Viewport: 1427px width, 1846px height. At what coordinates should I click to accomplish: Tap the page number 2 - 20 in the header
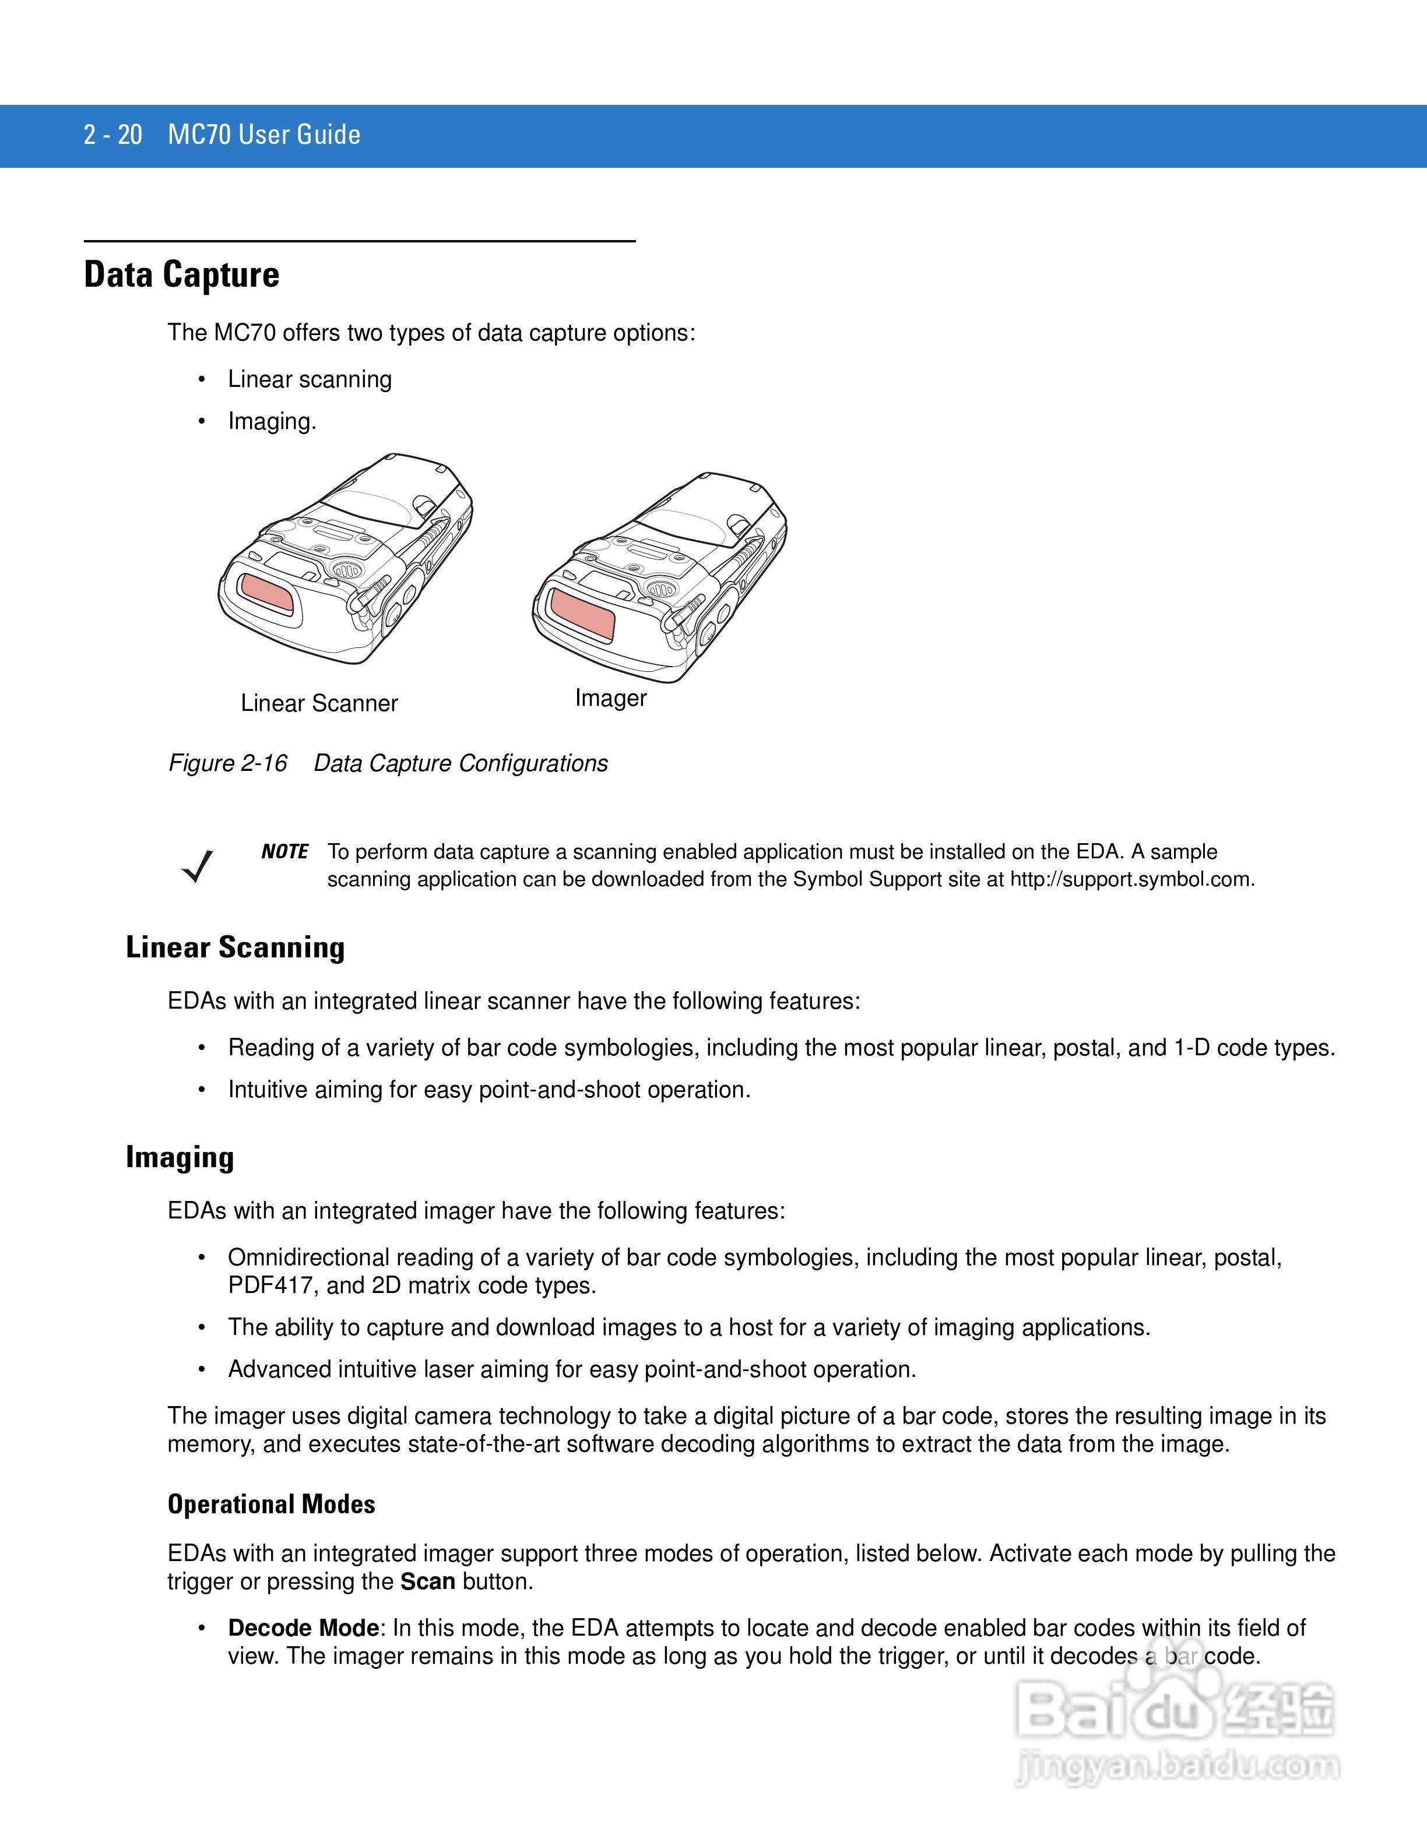[113, 135]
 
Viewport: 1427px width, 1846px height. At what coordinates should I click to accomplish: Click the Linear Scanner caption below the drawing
[319, 703]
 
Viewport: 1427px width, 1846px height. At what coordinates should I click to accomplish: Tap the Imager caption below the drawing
[610, 698]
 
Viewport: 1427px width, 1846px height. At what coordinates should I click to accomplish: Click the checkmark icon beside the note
[197, 865]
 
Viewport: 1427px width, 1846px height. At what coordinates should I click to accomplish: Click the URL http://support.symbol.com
[1131, 879]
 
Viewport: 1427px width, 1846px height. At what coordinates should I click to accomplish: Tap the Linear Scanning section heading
[235, 947]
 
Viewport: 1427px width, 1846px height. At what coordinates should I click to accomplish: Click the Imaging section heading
[179, 1157]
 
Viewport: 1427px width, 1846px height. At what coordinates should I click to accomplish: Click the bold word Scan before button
[428, 1581]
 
